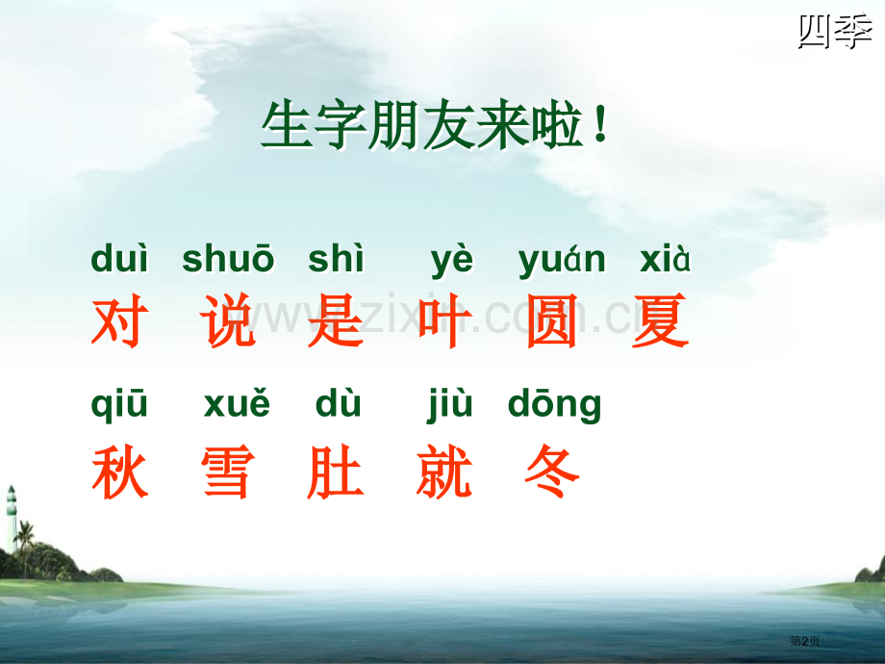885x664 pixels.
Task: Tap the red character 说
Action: (229, 321)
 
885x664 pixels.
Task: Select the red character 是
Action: (336, 321)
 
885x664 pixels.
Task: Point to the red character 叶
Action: (443, 321)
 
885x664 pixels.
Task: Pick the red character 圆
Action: (552, 321)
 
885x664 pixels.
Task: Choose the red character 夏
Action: (661, 321)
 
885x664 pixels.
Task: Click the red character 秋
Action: (119, 473)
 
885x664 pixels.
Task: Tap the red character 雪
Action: (228, 473)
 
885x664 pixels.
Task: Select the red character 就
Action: (444, 473)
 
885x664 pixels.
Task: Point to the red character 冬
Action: (552, 473)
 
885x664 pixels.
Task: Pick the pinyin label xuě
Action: (237, 406)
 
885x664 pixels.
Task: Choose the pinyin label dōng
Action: (554, 406)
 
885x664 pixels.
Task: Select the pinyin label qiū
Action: (119, 406)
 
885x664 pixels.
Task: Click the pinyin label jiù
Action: (450, 406)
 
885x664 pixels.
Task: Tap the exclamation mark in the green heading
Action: (601, 129)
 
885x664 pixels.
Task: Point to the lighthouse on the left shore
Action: (12, 515)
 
